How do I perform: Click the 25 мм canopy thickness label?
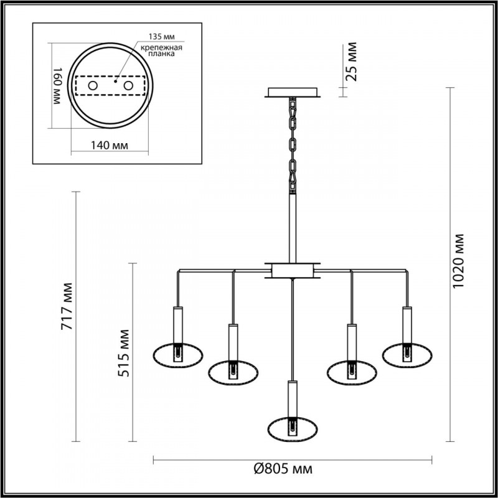click(x=352, y=62)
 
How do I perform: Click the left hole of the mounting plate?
click(x=93, y=85)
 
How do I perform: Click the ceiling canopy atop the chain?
click(x=293, y=93)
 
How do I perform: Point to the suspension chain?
click(x=292, y=143)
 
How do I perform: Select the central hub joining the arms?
click(x=292, y=270)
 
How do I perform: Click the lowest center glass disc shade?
click(x=292, y=428)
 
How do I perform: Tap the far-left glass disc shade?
click(x=178, y=355)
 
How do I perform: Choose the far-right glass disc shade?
click(x=407, y=355)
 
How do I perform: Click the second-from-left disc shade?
click(x=233, y=372)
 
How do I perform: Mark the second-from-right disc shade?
click(x=351, y=372)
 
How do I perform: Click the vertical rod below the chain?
click(x=292, y=224)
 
